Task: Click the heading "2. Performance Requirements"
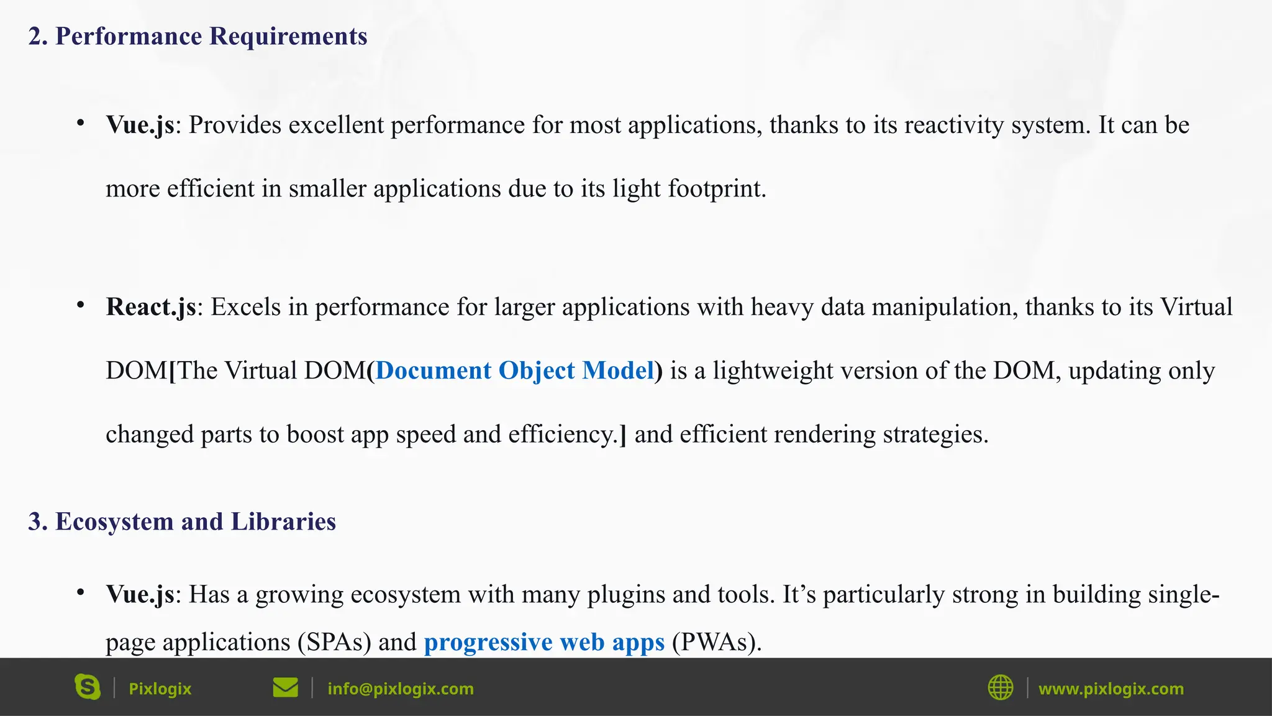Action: click(198, 36)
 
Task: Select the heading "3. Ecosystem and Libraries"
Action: click(182, 521)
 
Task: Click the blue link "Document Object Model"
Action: click(515, 370)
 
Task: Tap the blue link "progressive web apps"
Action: click(544, 642)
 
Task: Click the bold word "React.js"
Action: click(151, 307)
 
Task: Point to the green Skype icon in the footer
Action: click(88, 687)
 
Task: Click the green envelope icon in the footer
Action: click(285, 688)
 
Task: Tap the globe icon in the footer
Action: click(1000, 688)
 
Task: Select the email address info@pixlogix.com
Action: click(401, 689)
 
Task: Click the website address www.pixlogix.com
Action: click(1111, 689)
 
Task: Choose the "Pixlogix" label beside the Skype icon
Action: click(160, 689)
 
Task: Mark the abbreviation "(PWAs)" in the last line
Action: click(716, 642)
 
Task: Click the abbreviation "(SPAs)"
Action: click(334, 642)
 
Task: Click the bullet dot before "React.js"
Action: click(81, 305)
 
